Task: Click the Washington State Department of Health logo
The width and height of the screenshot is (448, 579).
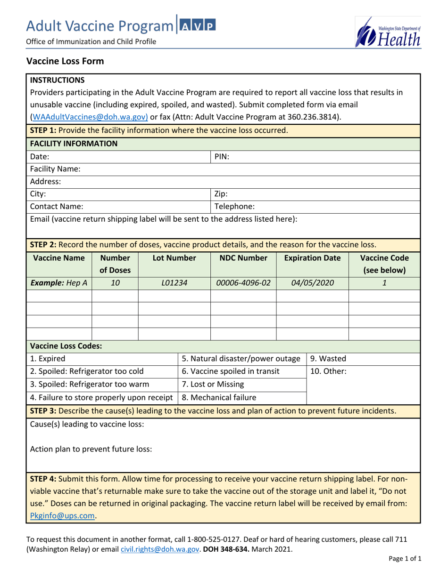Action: pyautogui.click(x=388, y=32)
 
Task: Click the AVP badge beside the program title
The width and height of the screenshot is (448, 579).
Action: pyautogui.click(x=197, y=24)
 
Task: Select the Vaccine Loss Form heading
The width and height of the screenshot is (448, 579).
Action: pyautogui.click(x=65, y=61)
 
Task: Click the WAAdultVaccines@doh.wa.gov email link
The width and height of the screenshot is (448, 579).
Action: pyautogui.click(x=90, y=117)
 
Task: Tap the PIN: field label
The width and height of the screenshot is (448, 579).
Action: pyautogui.click(x=222, y=157)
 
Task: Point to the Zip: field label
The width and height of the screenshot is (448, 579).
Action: pyautogui.click(x=221, y=193)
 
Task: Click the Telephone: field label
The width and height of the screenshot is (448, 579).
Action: pyautogui.click(x=235, y=206)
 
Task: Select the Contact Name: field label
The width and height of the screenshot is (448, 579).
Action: pyautogui.click(x=57, y=206)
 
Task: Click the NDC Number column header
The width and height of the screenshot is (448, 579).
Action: pyautogui.click(x=243, y=258)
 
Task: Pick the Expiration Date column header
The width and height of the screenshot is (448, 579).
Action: pyautogui.click(x=312, y=258)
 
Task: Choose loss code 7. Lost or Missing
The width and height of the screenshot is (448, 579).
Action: pyautogui.click(x=213, y=384)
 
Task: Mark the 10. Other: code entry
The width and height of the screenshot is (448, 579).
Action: pyautogui.click(x=328, y=371)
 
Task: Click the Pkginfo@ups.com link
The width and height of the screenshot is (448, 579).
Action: pyautogui.click(x=63, y=515)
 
